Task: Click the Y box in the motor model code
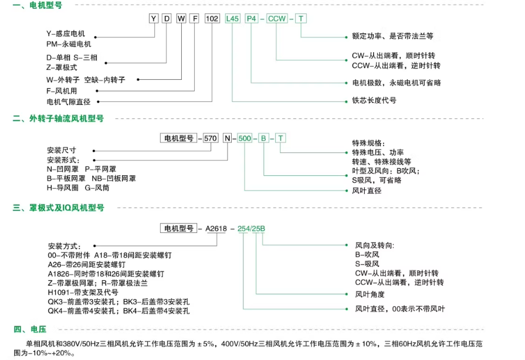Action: (154, 19)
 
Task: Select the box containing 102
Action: (211, 19)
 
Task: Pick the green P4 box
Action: (252, 19)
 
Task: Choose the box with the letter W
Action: (181, 19)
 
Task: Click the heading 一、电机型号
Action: (37, 5)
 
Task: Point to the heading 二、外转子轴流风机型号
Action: (58, 118)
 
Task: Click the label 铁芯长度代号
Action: (374, 101)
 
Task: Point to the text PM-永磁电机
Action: (69, 44)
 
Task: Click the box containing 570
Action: (210, 138)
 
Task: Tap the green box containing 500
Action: (245, 138)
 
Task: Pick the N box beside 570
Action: (226, 138)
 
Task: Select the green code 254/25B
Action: (251, 228)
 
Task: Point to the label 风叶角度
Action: (371, 294)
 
